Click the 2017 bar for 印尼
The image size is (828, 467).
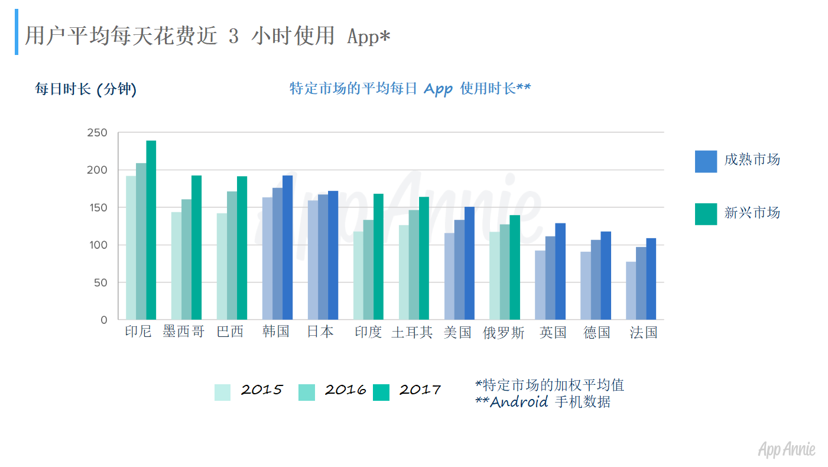[151, 230]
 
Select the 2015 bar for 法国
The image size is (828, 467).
[631, 290]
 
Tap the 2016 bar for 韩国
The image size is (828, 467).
[277, 254]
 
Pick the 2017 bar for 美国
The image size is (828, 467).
[469, 263]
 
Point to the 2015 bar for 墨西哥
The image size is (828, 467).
[176, 265]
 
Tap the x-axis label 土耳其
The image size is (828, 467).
[412, 333]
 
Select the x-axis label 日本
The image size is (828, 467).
[320, 332]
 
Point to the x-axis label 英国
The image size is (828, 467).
[553, 333]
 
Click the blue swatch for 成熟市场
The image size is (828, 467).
[706, 161]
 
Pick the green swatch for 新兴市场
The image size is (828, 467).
[706, 214]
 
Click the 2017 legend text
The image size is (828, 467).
[420, 390]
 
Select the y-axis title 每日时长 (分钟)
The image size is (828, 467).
[86, 89]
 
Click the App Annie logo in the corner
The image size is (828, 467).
[787, 449]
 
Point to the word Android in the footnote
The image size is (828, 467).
[519, 403]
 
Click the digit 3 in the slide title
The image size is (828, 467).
[233, 37]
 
